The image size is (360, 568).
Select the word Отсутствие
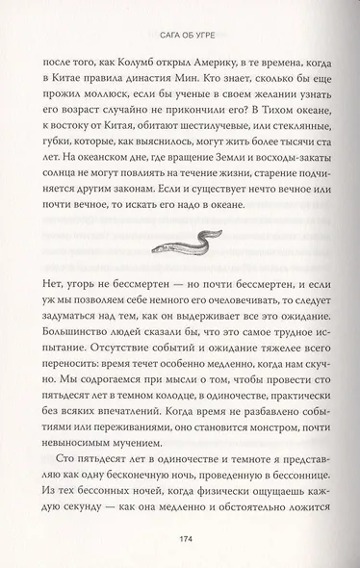[101, 410]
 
